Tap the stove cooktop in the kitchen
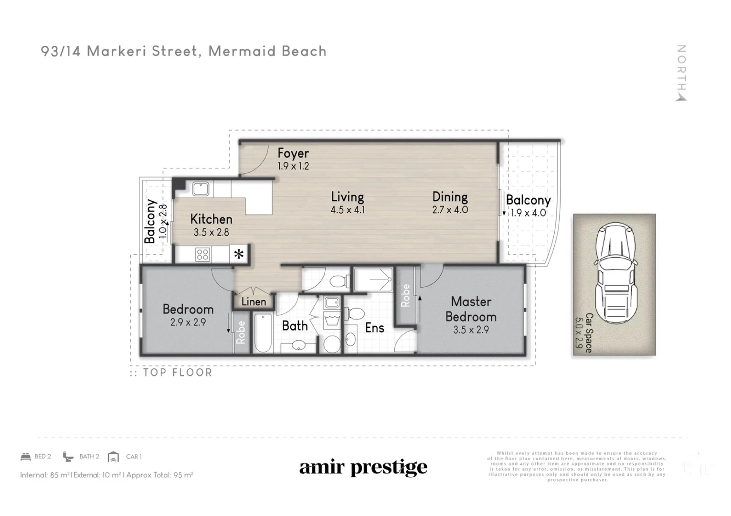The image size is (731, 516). point(202,254)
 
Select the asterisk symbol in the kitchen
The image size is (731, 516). point(239,254)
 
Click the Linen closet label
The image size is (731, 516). point(254,302)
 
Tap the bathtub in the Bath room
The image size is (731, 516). point(263,333)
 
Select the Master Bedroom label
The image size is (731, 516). point(471,309)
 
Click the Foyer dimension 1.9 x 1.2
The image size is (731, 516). point(293,166)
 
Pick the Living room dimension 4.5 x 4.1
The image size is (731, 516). point(348,210)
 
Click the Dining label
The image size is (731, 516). point(450,197)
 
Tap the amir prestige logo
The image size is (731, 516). point(363,467)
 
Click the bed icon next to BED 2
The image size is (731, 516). point(26,457)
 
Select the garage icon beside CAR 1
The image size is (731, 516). point(113,457)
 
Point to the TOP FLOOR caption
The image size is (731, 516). point(178,373)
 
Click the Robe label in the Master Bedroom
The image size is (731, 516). point(405,295)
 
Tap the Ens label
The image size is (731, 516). point(375,328)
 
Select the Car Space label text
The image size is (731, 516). point(589,333)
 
